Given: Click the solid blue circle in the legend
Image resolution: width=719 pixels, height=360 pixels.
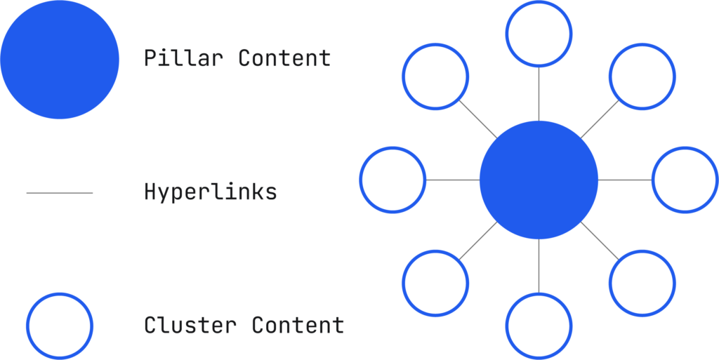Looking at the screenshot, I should (x=60, y=59).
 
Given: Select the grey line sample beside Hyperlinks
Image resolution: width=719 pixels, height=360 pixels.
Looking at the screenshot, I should (x=60, y=192).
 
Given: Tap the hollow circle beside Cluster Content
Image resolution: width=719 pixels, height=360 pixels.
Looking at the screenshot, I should (x=59, y=326).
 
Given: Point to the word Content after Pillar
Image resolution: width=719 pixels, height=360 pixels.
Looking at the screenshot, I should (x=284, y=58).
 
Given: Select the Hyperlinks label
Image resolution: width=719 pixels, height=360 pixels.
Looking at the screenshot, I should (x=210, y=192).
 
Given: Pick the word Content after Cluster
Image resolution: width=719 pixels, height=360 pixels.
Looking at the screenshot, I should (x=298, y=325).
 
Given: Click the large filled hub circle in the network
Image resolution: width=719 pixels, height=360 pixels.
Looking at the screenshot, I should (x=539, y=180).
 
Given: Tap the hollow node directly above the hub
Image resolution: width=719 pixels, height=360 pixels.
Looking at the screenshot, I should (x=539, y=34).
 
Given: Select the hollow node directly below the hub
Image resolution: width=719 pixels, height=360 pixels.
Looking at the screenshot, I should (x=539, y=326).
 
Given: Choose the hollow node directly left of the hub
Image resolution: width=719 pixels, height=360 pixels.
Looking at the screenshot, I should (x=393, y=180).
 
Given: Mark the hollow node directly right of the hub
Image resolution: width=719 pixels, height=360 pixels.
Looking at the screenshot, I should (x=685, y=180).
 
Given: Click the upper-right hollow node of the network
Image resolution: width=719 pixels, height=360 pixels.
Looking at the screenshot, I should (x=642, y=76).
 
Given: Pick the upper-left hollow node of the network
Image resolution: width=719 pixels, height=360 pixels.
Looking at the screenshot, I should (x=435, y=76).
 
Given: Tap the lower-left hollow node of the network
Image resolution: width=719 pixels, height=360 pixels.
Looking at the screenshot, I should (x=435, y=283).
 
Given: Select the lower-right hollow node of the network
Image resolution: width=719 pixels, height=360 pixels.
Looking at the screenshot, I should (x=642, y=283).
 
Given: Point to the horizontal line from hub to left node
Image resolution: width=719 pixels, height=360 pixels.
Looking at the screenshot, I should (x=452, y=180).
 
